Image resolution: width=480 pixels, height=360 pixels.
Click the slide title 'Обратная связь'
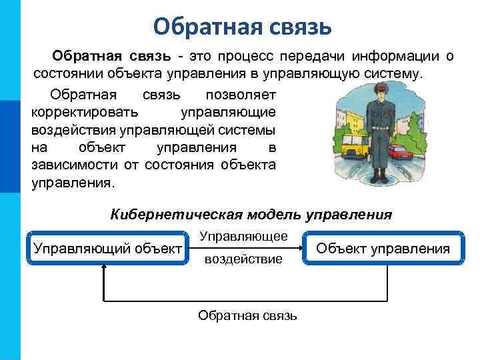tap(241, 27)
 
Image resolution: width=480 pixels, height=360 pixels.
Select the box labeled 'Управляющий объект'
tap(107, 249)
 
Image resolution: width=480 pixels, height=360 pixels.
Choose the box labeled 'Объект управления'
tap(382, 249)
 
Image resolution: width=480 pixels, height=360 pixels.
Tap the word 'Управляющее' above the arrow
tap(243, 237)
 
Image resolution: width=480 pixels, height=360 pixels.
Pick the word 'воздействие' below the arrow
tap(243, 259)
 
